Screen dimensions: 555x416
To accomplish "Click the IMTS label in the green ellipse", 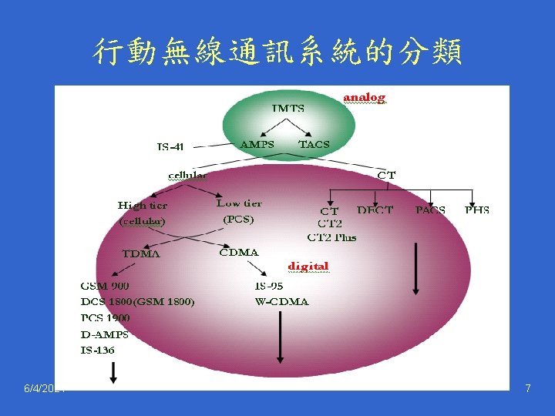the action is [288, 109].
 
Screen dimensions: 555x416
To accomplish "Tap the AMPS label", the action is [257, 144].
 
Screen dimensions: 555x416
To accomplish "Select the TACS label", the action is [314, 144].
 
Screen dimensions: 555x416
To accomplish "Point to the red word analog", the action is [364, 98].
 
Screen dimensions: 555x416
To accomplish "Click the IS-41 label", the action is [170, 146].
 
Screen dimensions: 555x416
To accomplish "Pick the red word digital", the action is [308, 267].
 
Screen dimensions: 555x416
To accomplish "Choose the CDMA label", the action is [239, 252].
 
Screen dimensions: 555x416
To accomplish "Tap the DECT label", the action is [375, 210].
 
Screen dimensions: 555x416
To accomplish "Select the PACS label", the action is [430, 210].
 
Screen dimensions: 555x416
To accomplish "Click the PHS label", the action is [476, 210].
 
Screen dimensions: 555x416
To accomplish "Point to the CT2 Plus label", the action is [331, 237].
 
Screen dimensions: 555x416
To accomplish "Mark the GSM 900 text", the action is [105, 286].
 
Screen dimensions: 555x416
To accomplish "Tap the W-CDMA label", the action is [281, 301].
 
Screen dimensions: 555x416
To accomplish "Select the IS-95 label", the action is [269, 286].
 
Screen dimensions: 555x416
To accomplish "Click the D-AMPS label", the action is [104, 334].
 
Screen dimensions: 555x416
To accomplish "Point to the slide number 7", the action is [527, 389].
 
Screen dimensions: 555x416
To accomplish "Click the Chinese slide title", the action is [277, 52].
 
